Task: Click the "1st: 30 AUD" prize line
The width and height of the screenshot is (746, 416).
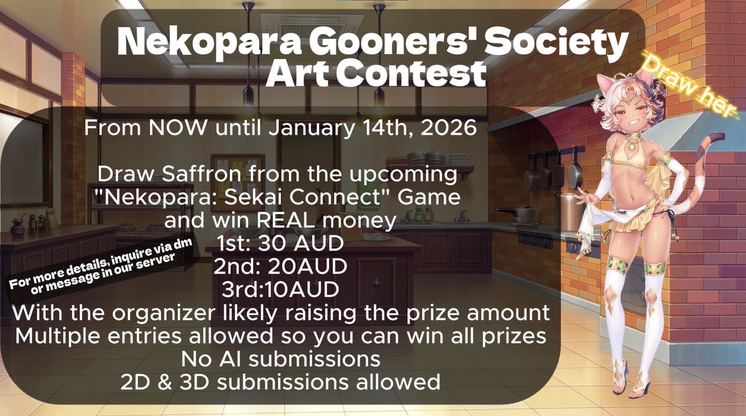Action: (x=283, y=242)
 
